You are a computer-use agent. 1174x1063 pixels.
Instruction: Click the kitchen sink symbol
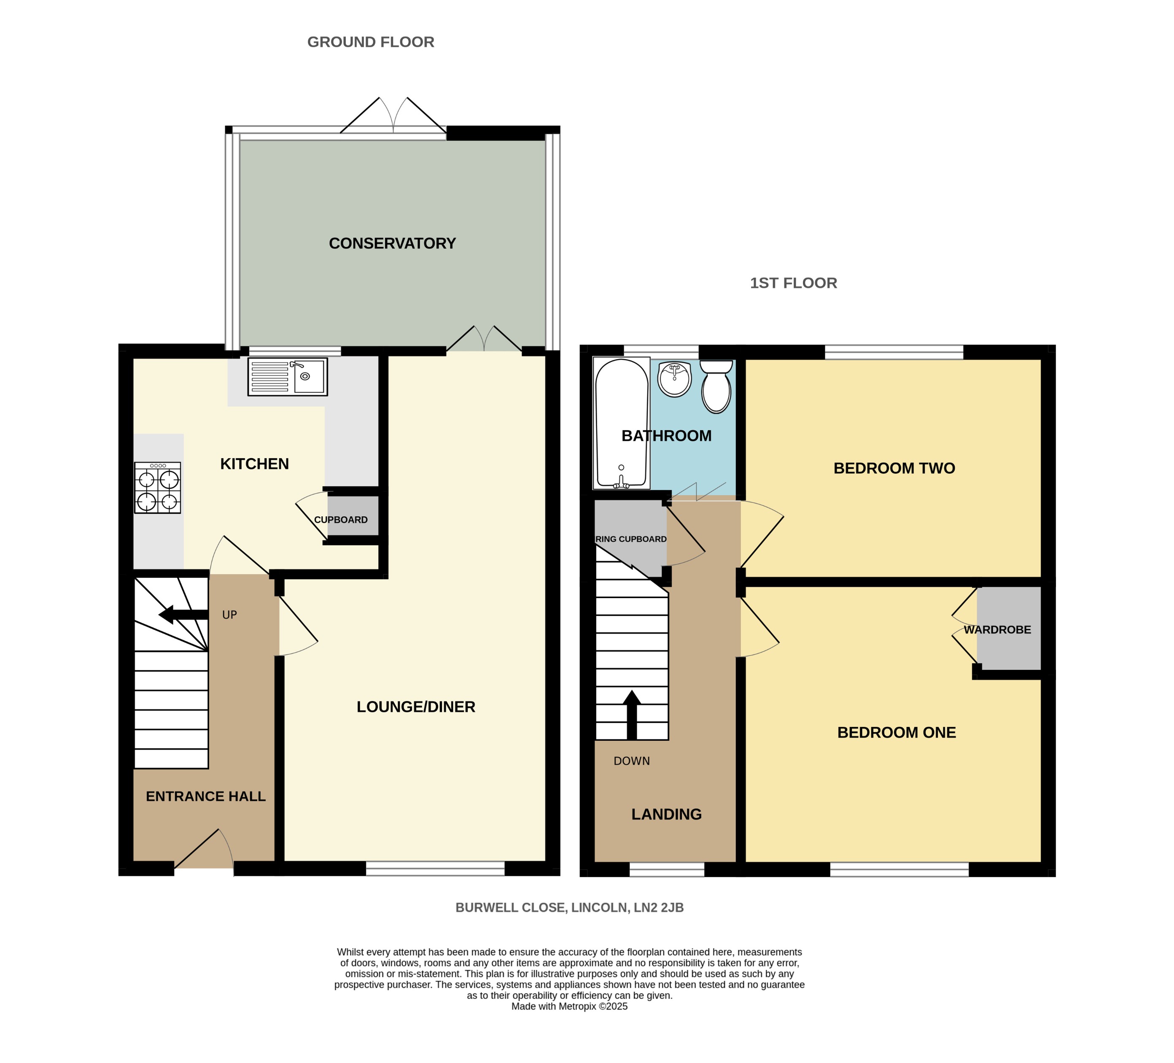point(287,377)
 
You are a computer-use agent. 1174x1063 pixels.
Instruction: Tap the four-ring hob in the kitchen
point(157,488)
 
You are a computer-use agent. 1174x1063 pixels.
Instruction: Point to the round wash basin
point(674,379)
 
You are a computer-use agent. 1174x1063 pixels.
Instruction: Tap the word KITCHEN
point(254,464)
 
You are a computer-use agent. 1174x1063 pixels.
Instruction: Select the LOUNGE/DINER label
point(416,707)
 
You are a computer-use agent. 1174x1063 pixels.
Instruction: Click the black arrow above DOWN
point(631,714)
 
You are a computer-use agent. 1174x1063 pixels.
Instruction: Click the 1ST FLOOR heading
point(793,283)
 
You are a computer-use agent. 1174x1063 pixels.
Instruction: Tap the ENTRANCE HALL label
point(205,796)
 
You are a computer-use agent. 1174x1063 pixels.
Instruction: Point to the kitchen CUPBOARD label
point(341,520)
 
